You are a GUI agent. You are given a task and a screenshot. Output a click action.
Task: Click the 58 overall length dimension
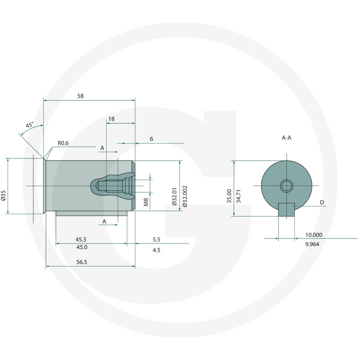pyautogui.click(x=80, y=96)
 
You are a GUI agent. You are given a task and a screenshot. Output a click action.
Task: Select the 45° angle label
pyautogui.click(x=30, y=125)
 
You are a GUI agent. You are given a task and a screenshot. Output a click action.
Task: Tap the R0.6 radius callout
pyautogui.click(x=63, y=144)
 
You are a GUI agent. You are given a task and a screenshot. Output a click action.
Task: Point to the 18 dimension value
pyautogui.click(x=111, y=118)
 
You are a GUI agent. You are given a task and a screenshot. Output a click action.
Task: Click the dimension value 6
pyautogui.click(x=151, y=139)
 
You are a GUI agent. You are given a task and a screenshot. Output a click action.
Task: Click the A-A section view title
pyautogui.click(x=287, y=138)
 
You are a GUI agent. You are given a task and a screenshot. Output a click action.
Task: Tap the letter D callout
pyautogui.click(x=322, y=203)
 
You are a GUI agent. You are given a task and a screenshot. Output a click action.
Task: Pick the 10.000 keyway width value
pyautogui.click(x=313, y=234)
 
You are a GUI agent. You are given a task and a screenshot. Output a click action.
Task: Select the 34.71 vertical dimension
pyautogui.click(x=239, y=196)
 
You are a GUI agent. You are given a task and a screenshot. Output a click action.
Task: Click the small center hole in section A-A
pyautogui.click(x=286, y=185)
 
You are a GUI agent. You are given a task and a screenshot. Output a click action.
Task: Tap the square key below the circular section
pyautogui.click(x=286, y=209)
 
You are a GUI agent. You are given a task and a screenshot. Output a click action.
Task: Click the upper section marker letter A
pyautogui.click(x=102, y=148)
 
